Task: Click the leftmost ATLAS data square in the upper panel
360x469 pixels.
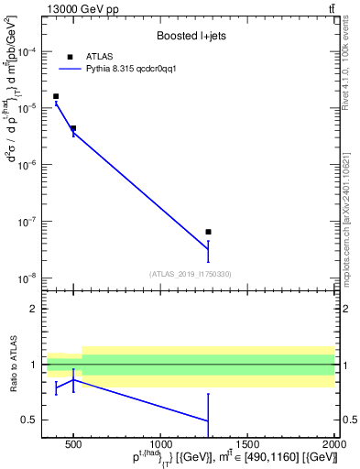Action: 56,96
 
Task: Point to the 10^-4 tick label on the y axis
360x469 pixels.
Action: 31,51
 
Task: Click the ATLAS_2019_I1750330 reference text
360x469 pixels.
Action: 190,274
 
